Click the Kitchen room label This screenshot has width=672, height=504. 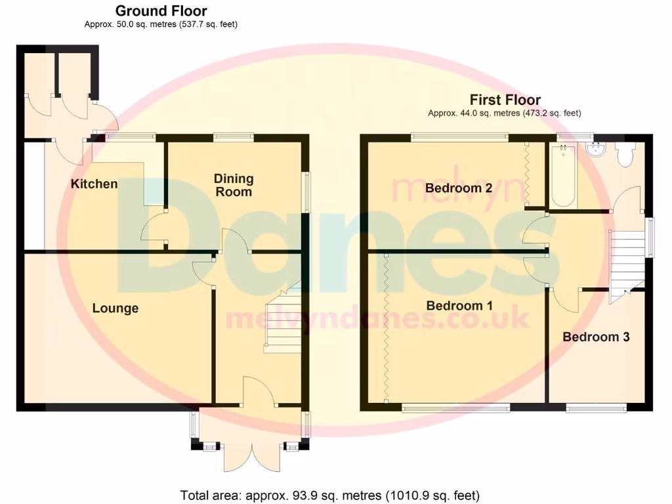[x=94, y=184]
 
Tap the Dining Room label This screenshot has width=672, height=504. [x=234, y=185]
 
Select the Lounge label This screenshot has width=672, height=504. [x=115, y=308]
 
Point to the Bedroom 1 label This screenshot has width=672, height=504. [x=459, y=306]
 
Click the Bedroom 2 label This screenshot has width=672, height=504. [x=459, y=188]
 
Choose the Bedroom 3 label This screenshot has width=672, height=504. [x=596, y=337]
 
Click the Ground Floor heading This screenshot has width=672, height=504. [x=161, y=11]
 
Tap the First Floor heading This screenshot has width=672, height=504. [x=505, y=100]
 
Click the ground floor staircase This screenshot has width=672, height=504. [x=283, y=322]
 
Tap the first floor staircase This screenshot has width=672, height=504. [x=626, y=262]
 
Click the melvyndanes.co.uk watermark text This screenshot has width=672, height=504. [x=377, y=319]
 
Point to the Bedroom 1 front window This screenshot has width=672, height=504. [x=456, y=408]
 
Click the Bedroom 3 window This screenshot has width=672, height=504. [x=596, y=408]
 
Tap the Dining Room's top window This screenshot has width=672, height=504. [x=234, y=137]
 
